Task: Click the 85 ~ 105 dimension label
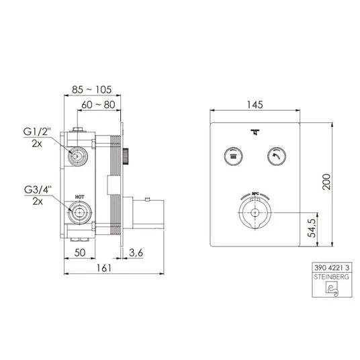[x=91, y=89]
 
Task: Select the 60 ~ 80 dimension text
[x=98, y=105]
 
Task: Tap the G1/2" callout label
[x=37, y=132]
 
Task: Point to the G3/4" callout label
[x=38, y=190]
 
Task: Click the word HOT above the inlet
[x=80, y=197]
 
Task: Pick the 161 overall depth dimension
[x=104, y=268]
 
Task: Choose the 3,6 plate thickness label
[x=136, y=253]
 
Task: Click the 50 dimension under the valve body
[x=80, y=253]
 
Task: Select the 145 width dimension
[x=255, y=105]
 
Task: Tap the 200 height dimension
[x=326, y=181]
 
